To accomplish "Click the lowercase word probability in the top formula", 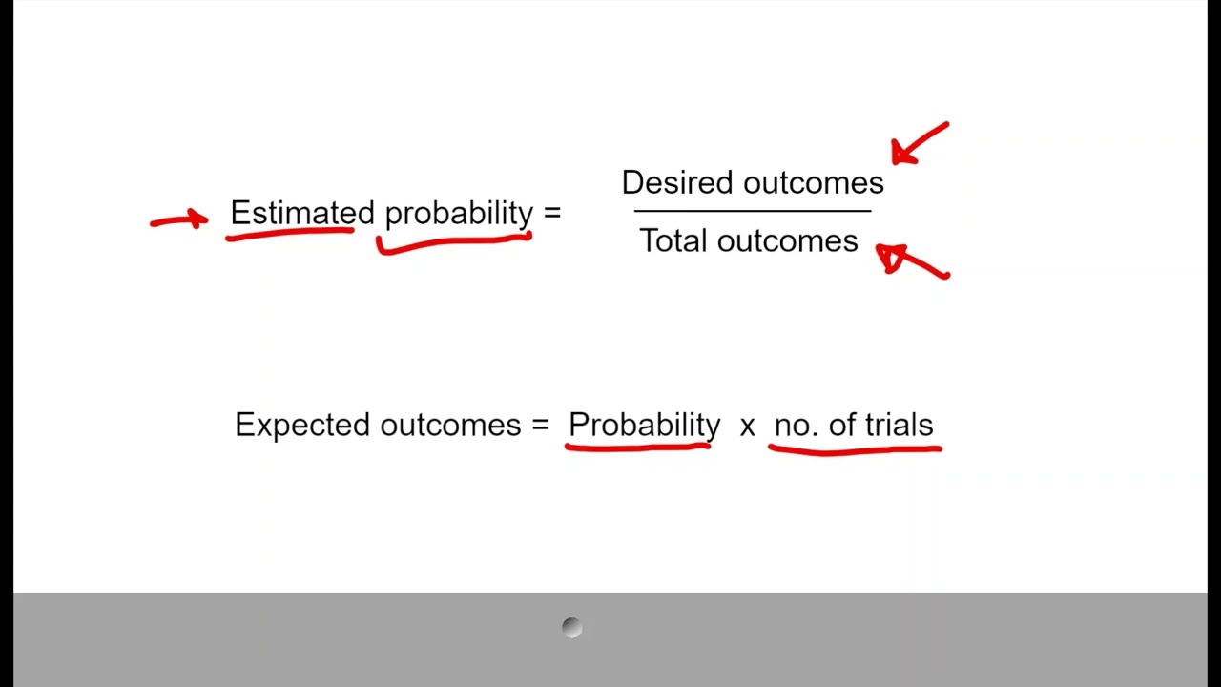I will (x=458, y=214).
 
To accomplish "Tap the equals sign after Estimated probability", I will (x=552, y=213).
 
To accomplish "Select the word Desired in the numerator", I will (x=678, y=182).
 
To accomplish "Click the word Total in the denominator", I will (x=673, y=240).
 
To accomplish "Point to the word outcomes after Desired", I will (x=813, y=182).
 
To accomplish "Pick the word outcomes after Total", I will (x=787, y=240).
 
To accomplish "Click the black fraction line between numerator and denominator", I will (x=752, y=211).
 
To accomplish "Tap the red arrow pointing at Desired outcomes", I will (x=919, y=144).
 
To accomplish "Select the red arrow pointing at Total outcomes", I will (x=911, y=260).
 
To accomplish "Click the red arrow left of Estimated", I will (x=179, y=220).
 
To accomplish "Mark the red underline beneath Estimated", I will (x=289, y=233).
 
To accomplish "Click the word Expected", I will (x=302, y=425).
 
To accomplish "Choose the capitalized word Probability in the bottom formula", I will (x=644, y=425).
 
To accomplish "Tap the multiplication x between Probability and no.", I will (x=747, y=426).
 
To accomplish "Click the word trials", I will (x=899, y=425).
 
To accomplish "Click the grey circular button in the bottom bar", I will (x=571, y=627).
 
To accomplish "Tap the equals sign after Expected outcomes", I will (x=541, y=425).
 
